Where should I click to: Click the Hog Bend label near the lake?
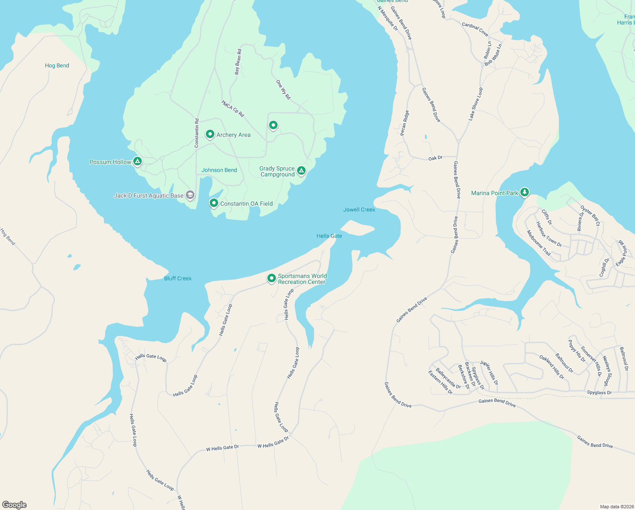click(x=57, y=65)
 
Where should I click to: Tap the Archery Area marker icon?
click(x=210, y=134)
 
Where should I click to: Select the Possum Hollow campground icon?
click(x=137, y=161)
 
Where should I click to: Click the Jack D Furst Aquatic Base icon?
click(x=191, y=195)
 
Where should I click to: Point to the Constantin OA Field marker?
click(x=214, y=203)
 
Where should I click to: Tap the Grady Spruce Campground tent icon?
click(x=301, y=171)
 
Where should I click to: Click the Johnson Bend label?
click(x=219, y=170)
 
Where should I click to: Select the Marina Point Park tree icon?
click(x=525, y=193)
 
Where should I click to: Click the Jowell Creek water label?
click(x=359, y=210)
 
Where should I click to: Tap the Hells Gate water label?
click(x=329, y=236)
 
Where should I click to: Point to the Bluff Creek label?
click(x=178, y=278)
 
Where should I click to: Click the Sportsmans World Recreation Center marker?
click(x=271, y=278)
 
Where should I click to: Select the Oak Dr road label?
click(x=435, y=158)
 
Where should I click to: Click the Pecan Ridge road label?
click(x=405, y=123)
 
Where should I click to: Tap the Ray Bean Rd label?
click(x=238, y=62)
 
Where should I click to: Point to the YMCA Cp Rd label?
click(x=233, y=108)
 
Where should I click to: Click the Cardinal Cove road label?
click(x=475, y=29)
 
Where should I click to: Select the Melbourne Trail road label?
click(x=539, y=243)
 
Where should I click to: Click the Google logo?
click(x=14, y=504)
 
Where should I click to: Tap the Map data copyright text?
click(x=616, y=507)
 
